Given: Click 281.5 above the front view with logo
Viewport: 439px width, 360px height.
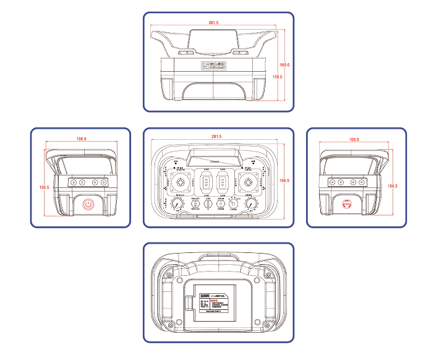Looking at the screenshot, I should [x=213, y=23].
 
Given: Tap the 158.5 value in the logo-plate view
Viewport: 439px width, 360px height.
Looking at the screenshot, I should [x=277, y=77].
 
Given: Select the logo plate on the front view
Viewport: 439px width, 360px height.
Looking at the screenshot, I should [x=213, y=65].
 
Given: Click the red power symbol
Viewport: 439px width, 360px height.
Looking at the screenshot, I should [x=87, y=204].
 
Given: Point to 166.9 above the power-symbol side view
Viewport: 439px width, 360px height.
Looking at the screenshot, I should [x=80, y=139].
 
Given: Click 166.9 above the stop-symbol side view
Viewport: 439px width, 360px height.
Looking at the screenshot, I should [x=354, y=139].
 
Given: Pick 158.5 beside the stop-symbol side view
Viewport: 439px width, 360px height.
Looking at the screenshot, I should [x=392, y=185].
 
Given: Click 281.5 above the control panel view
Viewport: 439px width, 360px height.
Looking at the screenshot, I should [x=216, y=136].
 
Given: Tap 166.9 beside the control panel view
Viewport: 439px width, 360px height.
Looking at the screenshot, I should [x=284, y=180].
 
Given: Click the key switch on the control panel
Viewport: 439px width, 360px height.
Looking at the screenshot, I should [x=232, y=205].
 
